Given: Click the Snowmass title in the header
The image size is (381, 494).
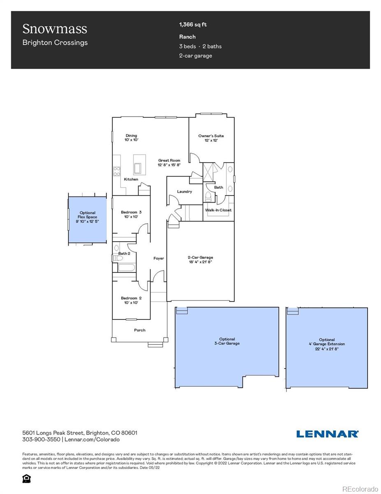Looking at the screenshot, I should click(55, 29).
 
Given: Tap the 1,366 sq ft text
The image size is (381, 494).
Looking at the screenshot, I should click(193, 25).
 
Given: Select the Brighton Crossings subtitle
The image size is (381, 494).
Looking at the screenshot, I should click(55, 42).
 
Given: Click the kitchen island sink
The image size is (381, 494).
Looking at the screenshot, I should click(137, 168).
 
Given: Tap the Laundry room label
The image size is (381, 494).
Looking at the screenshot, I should click(185, 191).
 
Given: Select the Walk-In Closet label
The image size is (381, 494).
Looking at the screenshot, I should click(218, 210).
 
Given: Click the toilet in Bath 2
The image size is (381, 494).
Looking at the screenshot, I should click(118, 259).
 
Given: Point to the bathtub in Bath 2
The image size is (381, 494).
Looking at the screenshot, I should click(126, 267).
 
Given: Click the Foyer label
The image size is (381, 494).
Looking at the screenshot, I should click(159, 259).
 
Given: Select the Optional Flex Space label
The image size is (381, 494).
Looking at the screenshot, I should click(87, 217).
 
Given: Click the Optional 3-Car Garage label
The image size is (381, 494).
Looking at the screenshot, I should click(227, 341).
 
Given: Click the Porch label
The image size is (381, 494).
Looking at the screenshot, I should click(140, 330).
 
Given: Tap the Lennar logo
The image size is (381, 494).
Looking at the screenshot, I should click(327, 434).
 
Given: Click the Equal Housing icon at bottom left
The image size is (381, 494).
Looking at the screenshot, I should click(26, 478).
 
